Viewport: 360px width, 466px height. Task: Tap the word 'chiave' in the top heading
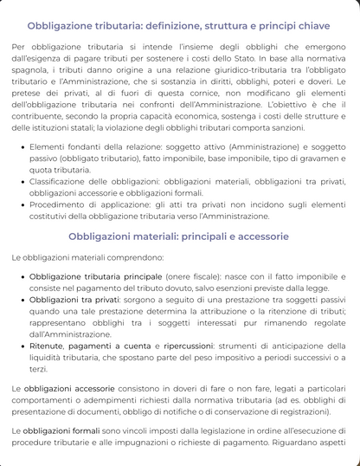pyautogui.click(x=309, y=25)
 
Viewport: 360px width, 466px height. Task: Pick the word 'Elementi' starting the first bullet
pyautogui.click(x=49, y=147)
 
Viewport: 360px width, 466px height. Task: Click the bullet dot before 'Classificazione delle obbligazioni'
pyautogui.click(x=21, y=182)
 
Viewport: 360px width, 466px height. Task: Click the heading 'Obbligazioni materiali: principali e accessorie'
pyautogui.click(x=179, y=236)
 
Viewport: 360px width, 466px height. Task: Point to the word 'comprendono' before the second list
pyautogui.click(x=132, y=257)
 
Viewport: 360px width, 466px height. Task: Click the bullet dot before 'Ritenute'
pyautogui.click(x=21, y=345)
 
